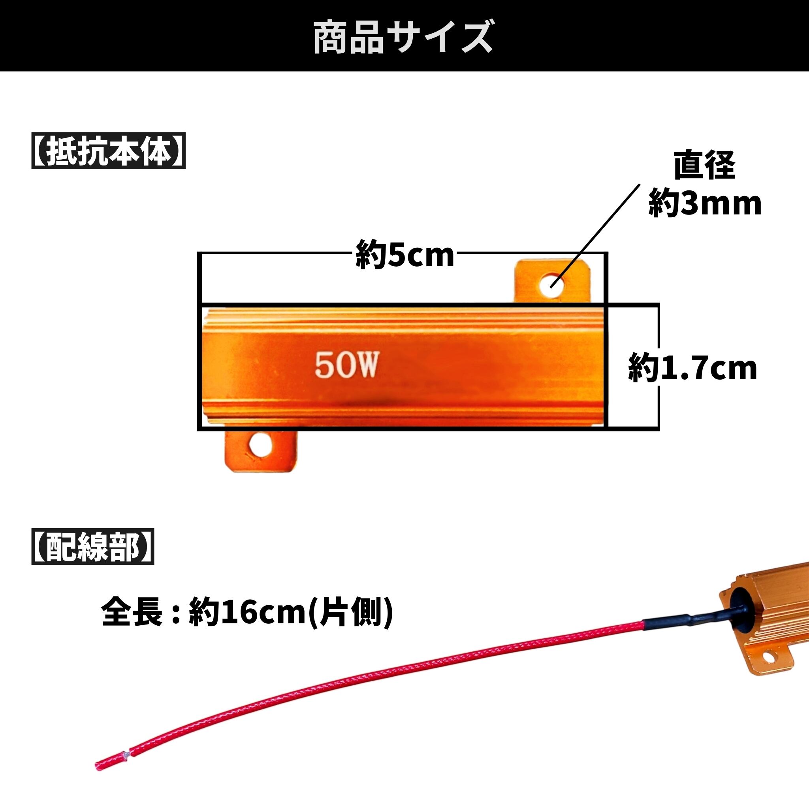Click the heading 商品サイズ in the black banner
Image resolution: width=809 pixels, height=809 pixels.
tap(404, 38)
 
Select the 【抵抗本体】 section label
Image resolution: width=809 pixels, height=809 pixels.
tap(108, 151)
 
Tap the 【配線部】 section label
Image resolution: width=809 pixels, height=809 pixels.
tap(92, 547)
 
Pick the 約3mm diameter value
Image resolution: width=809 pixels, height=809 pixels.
tap(705, 204)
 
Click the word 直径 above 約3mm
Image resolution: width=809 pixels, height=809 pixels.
tap(704, 166)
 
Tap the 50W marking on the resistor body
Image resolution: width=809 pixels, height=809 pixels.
tap(346, 365)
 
